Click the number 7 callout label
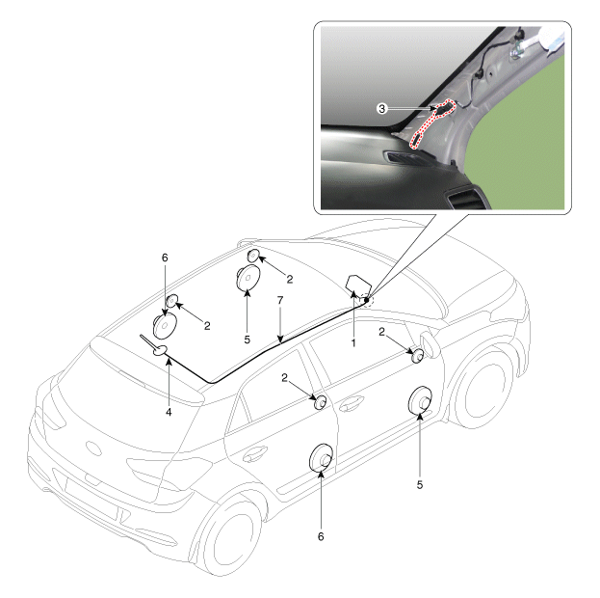280,300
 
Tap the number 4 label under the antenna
169,412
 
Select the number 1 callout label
353,343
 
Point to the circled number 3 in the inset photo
381,109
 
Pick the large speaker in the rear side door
321,456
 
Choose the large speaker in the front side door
420,400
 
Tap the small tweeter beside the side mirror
416,356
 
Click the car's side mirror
429,343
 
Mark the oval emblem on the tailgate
93,448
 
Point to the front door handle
351,403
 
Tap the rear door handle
254,453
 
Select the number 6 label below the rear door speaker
321,536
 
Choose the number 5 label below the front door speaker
420,485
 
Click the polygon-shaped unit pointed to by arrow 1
357,285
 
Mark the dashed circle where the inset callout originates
366,299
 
